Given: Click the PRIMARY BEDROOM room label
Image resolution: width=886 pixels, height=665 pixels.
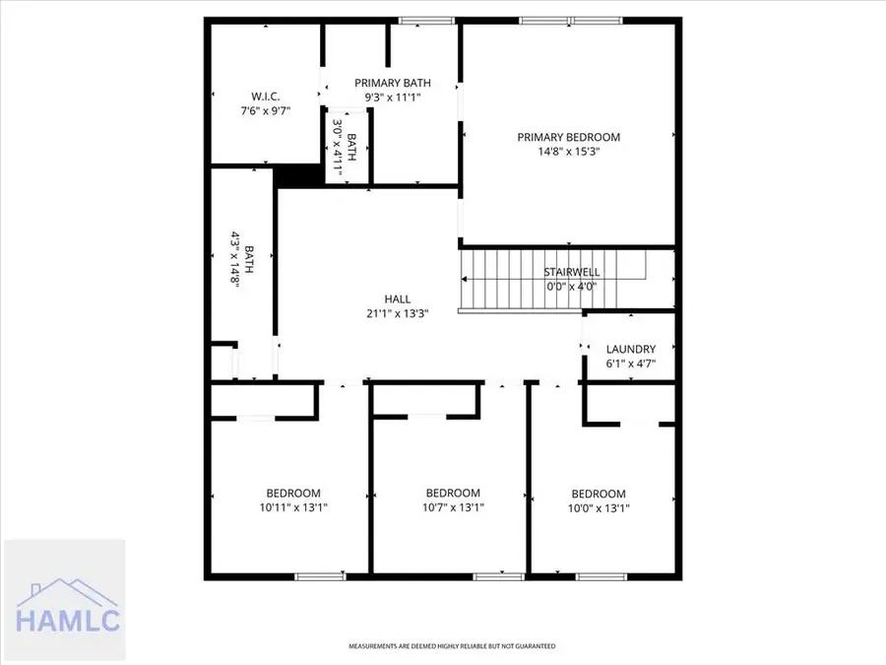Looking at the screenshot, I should point(569,137).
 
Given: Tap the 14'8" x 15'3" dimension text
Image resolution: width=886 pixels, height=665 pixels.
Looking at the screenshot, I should point(569,152).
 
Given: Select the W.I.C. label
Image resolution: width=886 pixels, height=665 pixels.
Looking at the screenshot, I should point(266,96).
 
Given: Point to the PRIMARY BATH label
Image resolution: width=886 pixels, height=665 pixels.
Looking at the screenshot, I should point(393,83).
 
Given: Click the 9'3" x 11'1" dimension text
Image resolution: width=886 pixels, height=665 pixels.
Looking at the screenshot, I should point(393,98).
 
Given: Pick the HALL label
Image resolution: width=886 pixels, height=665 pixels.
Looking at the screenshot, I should point(398,299).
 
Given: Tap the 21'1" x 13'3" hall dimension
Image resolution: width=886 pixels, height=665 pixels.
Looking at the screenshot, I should point(398,314).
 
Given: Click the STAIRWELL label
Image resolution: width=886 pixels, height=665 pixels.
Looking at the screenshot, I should point(572,272).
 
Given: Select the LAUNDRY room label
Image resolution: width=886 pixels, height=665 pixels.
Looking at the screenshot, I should point(631,349).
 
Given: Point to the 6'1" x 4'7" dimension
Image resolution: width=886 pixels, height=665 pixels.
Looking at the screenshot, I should point(631,364).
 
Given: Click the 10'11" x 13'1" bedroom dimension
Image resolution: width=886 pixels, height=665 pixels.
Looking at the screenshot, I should point(293,508).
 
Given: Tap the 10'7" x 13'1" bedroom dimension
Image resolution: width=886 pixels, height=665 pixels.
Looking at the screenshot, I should point(453,508).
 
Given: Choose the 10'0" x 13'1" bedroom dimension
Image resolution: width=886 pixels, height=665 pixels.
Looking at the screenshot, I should point(599,508).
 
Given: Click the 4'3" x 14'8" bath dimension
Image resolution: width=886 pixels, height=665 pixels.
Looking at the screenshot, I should point(236,266).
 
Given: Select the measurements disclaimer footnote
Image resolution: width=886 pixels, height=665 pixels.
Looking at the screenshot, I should point(452,646).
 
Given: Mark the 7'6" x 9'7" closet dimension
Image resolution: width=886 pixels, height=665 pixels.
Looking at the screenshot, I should point(266,111).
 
